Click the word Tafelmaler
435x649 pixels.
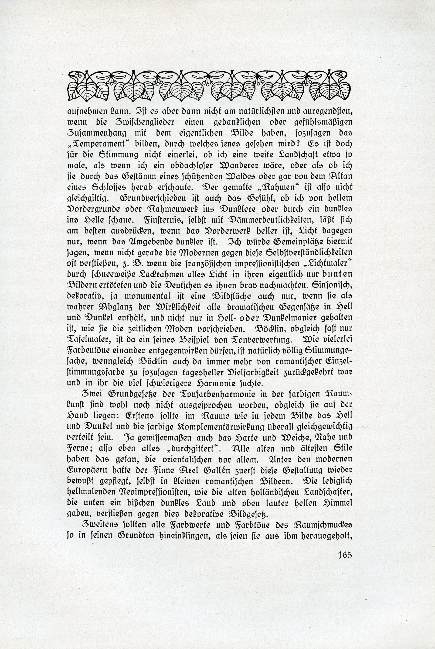pos(86,339)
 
